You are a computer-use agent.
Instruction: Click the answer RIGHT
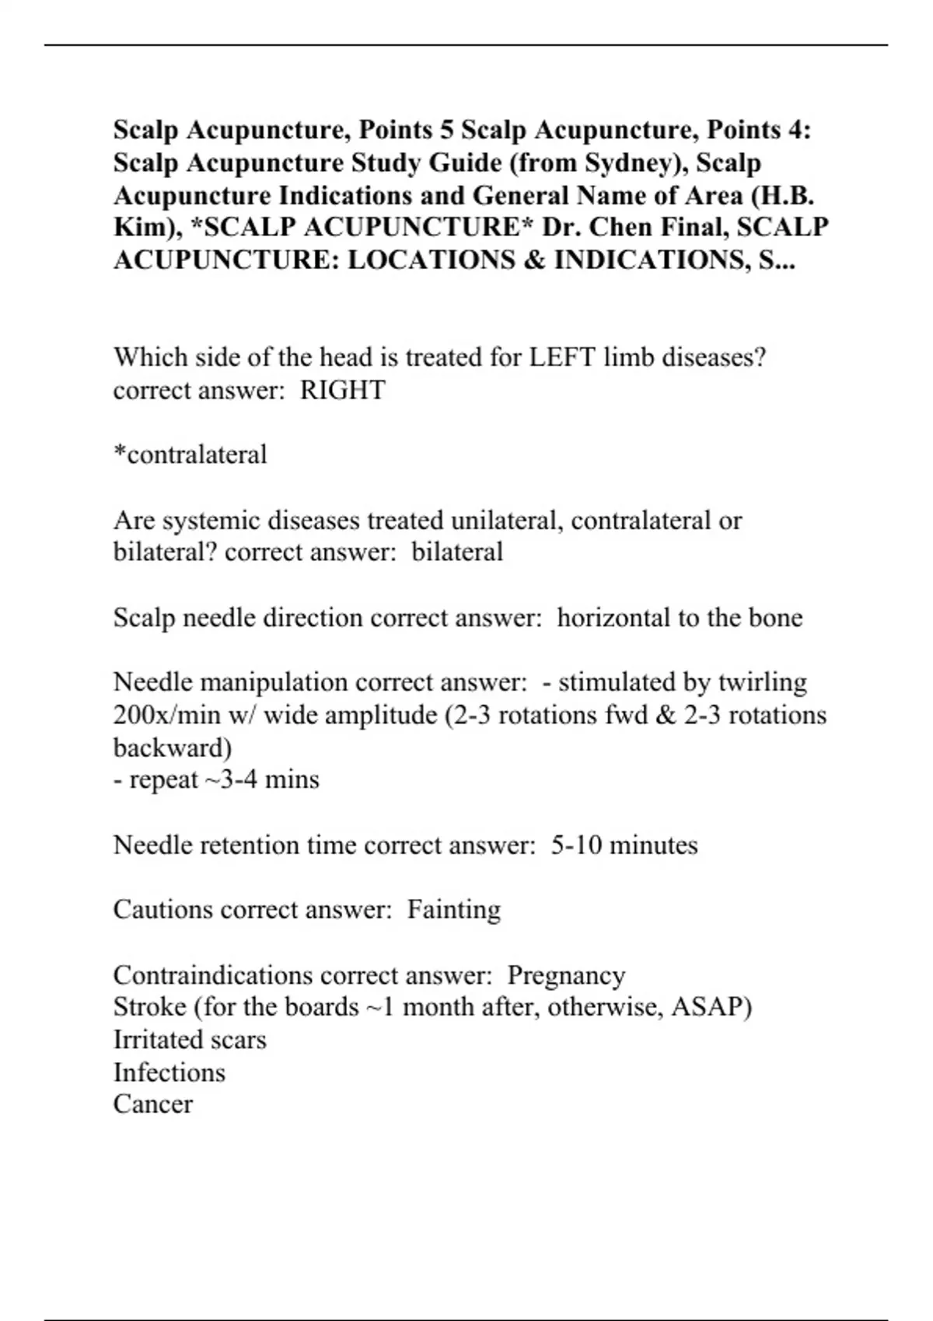342,390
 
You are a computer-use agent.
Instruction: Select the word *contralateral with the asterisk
190,455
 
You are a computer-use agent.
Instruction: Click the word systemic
209,520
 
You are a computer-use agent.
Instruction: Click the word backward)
173,748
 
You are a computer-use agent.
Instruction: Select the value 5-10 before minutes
576,845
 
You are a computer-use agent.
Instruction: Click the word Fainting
454,910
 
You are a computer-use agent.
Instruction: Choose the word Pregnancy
566,975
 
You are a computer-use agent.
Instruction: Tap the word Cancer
153,1104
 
